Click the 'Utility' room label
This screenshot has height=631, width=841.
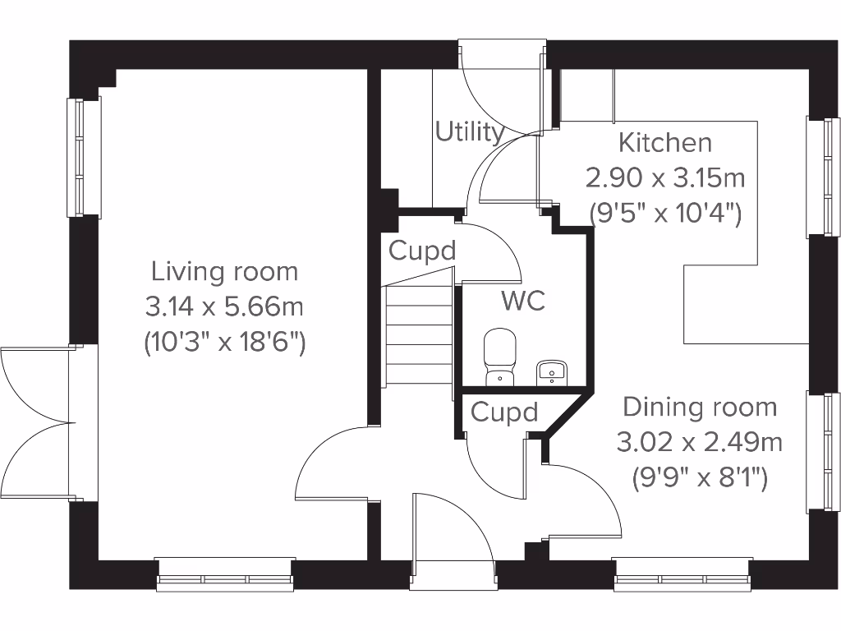[x=469, y=131]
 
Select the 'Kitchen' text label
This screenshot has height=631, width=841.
[x=665, y=142]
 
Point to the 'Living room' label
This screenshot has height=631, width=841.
[x=224, y=270]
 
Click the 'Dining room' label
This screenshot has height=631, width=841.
[x=700, y=407]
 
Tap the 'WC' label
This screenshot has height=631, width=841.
[x=523, y=301]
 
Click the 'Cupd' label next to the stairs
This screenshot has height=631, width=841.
[x=421, y=251]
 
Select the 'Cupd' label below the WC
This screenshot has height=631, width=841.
[x=504, y=412]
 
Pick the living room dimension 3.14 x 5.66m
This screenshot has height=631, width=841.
[x=224, y=306]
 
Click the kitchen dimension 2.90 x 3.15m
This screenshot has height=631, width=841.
[x=665, y=177]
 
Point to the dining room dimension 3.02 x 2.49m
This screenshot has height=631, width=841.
[x=700, y=442]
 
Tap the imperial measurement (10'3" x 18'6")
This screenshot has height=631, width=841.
[x=224, y=342]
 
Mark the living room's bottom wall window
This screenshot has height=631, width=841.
[x=225, y=575]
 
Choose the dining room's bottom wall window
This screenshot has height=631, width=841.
[x=682, y=575]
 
